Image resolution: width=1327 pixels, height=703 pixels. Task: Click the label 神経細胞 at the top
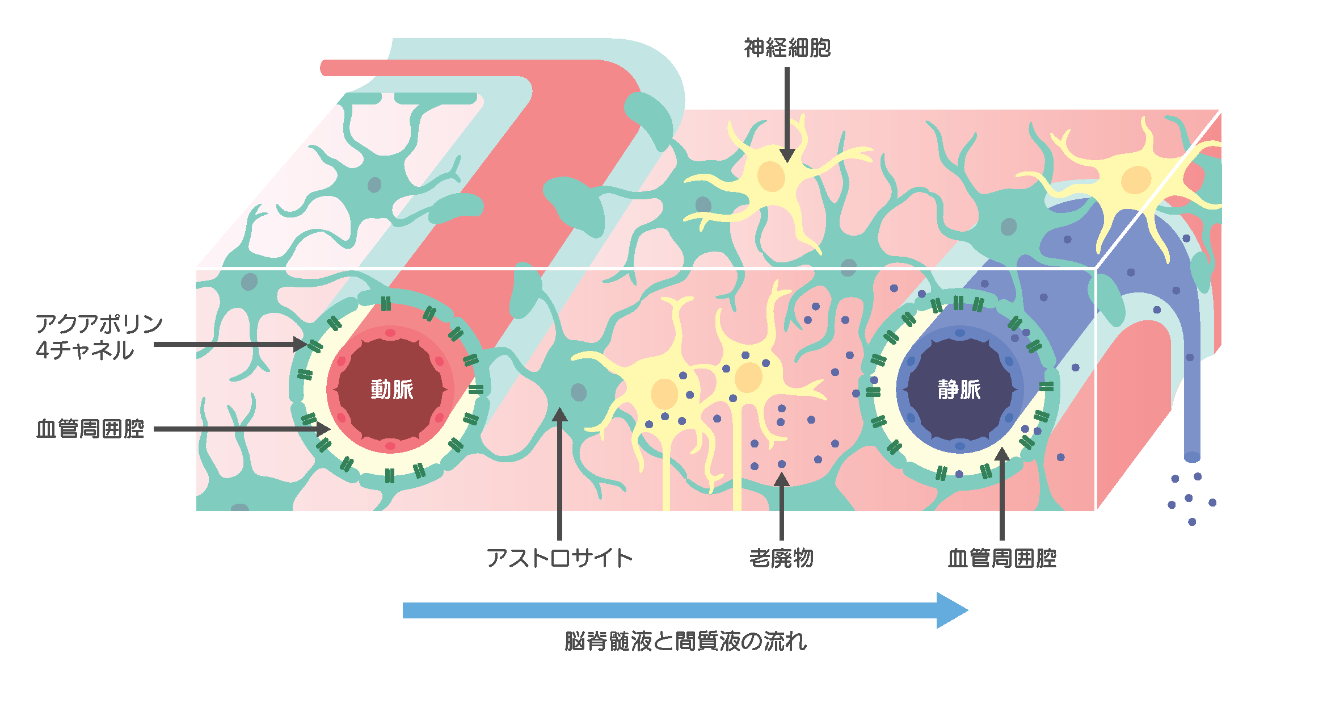click(787, 48)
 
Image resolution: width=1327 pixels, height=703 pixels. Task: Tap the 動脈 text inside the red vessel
click(391, 390)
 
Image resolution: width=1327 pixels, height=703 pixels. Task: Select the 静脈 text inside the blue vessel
click(959, 390)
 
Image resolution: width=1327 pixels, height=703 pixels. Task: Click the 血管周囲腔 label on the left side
click(90, 429)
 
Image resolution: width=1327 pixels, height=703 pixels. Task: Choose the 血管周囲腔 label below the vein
click(1002, 558)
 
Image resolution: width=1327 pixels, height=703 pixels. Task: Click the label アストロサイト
click(559, 558)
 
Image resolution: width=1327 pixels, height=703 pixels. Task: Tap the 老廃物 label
click(781, 558)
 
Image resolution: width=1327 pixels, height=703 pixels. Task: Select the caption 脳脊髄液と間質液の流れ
click(685, 642)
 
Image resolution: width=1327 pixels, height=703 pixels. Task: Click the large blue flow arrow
click(681, 610)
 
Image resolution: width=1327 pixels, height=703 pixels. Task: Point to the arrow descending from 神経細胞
click(787, 114)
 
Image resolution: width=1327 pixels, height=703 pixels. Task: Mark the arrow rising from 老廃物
click(782, 505)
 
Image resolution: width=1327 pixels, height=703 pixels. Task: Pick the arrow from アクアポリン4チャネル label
click(227, 344)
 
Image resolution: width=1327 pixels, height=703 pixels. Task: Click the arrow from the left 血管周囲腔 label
click(238, 429)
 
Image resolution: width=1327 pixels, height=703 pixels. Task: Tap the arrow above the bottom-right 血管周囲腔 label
click(1002, 494)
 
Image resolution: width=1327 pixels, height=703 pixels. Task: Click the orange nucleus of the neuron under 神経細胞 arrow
click(771, 177)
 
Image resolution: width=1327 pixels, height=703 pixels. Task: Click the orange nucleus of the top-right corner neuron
click(1136, 180)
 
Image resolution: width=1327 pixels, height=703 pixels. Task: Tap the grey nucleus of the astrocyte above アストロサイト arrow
click(578, 392)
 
